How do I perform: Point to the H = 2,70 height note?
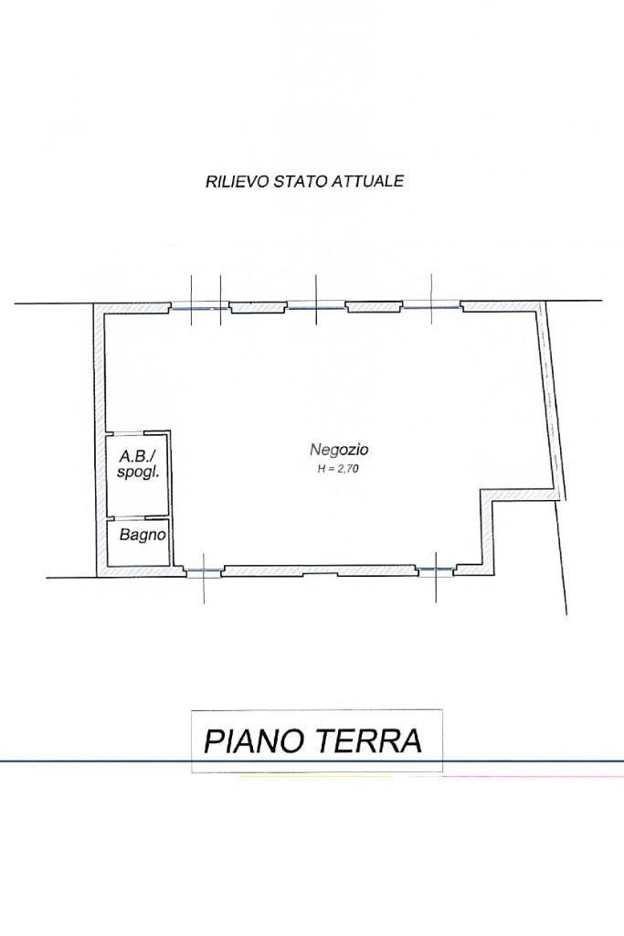(338, 469)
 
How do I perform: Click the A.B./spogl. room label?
(138, 463)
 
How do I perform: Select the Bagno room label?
(143, 534)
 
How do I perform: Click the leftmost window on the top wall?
(200, 308)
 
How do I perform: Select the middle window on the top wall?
(316, 308)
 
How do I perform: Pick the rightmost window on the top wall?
(432, 307)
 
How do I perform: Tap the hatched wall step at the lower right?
(489, 530)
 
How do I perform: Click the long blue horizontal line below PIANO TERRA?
(312, 761)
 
